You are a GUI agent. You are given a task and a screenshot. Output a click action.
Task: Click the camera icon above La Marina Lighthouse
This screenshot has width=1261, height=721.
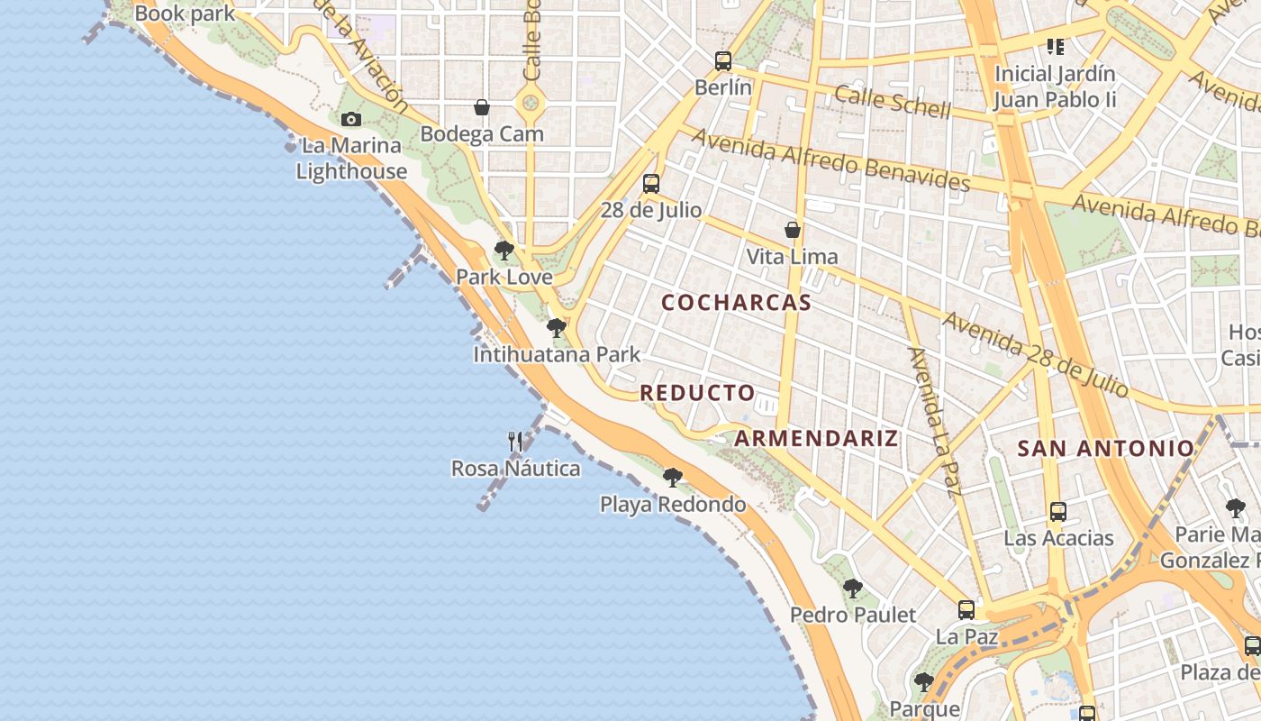coord(351,119)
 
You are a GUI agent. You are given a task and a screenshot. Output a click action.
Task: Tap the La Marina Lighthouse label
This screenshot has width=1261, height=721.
coord(351,159)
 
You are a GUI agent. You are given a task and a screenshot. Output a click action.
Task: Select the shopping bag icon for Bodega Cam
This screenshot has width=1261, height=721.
coord(482,107)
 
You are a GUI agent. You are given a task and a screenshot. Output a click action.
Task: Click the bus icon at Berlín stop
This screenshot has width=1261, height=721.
coord(722,61)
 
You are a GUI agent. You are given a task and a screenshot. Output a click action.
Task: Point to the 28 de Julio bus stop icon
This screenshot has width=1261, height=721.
coord(650,184)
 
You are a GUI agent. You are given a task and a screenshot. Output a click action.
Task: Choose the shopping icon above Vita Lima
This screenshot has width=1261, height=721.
coord(792,230)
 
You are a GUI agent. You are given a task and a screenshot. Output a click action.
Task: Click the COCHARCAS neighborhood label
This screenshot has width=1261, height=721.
coord(736,303)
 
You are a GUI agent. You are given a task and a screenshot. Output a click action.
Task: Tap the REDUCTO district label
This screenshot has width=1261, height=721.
coord(697,393)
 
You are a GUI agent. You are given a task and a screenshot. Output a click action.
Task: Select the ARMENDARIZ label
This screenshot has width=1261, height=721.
coord(816,439)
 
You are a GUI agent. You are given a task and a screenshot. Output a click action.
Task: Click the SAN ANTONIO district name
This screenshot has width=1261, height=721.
coord(1105,448)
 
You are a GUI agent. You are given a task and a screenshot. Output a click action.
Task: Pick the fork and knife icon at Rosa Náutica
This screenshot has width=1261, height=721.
coord(515,442)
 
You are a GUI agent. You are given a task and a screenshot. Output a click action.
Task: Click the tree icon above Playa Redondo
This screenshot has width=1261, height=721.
coord(672,477)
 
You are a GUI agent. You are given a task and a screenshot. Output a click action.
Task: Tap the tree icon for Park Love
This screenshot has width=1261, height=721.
coord(504,250)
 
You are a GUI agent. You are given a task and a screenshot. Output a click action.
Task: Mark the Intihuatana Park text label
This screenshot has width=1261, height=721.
coord(557,355)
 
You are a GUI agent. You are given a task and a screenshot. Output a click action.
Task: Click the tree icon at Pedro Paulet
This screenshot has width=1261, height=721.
coord(852,589)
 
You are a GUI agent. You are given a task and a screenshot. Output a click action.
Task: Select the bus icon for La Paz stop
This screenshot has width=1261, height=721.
coord(966,610)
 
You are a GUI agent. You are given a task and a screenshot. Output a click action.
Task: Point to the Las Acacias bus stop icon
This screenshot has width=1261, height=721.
coord(1058,512)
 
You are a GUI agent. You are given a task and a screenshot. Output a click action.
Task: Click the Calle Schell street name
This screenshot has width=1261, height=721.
coord(892,103)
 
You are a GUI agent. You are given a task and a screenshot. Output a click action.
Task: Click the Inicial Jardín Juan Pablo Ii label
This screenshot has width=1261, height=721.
coord(1055,87)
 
